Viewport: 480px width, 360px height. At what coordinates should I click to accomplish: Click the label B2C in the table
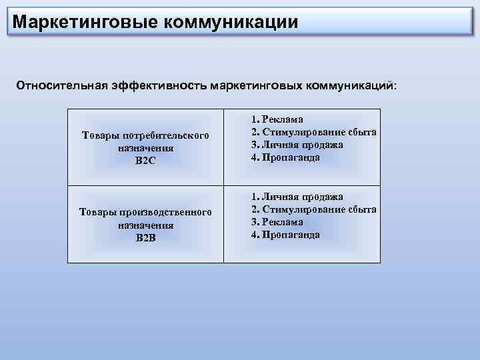click(x=145, y=161)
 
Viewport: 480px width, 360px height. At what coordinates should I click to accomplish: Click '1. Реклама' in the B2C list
click(x=277, y=119)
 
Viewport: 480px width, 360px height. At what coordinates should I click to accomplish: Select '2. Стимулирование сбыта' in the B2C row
click(x=313, y=132)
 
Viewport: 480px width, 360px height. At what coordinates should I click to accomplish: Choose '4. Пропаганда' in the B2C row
click(x=285, y=157)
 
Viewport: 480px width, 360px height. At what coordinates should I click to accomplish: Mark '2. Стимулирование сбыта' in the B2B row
click(x=313, y=209)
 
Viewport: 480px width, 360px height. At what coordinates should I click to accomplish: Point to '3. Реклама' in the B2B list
click(x=277, y=222)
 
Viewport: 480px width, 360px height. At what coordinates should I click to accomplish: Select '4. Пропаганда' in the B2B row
click(x=285, y=235)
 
